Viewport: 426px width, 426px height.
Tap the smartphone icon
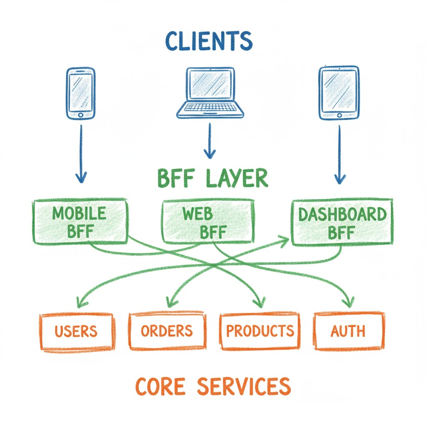click(x=81, y=92)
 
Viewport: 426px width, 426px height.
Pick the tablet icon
click(x=339, y=92)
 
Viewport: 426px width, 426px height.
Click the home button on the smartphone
click(x=81, y=114)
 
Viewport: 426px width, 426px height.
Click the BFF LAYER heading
click(x=213, y=178)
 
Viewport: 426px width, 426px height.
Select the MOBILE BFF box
click(x=80, y=221)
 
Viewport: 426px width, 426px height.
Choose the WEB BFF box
click(x=207, y=221)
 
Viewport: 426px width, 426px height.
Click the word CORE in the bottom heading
click(x=160, y=386)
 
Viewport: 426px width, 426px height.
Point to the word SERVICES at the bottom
click(x=243, y=386)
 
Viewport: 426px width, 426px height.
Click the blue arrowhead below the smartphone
click(x=82, y=178)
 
